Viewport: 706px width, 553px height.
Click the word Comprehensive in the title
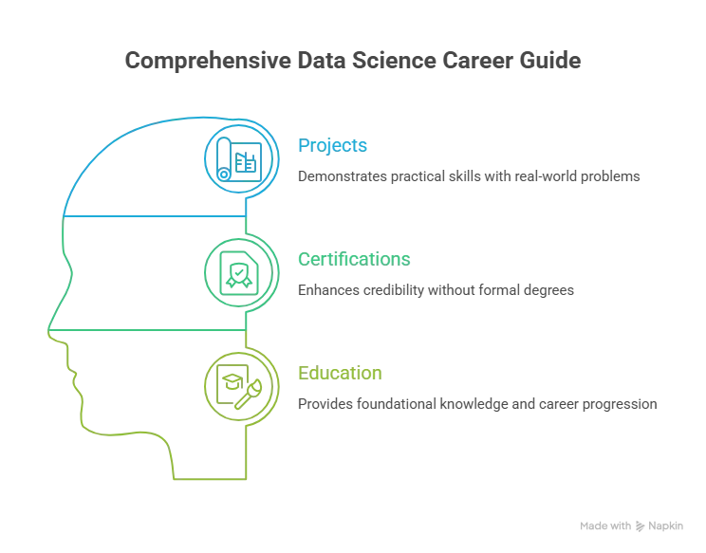(208, 62)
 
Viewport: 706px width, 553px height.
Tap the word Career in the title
(477, 61)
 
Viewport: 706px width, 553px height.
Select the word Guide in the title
(550, 61)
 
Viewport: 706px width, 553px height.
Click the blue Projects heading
(332, 146)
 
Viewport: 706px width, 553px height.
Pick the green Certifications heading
(354, 259)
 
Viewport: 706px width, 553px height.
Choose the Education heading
(340, 373)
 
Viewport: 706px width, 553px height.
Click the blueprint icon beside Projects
(238, 159)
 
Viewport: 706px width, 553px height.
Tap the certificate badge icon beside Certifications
(239, 273)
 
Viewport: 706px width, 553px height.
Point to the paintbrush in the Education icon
(248, 395)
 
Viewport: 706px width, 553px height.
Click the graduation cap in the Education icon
(232, 382)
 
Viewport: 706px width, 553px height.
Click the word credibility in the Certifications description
(394, 290)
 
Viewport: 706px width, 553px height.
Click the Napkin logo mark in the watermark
(640, 526)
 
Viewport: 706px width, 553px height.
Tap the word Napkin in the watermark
(665, 526)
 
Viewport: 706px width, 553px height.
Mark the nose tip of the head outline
(48, 332)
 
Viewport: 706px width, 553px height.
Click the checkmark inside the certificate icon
(239, 271)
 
